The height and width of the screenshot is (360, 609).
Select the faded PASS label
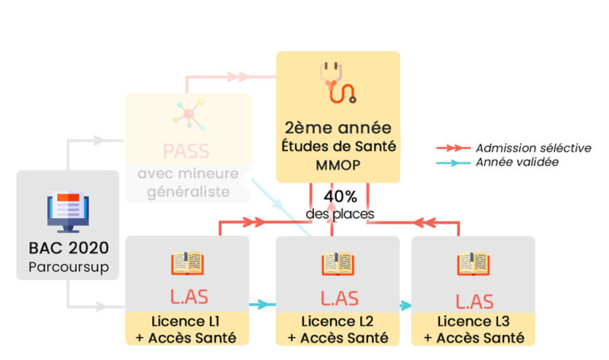(x=187, y=151)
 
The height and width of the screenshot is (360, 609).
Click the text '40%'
(x=339, y=196)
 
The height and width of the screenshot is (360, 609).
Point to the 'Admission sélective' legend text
(x=533, y=147)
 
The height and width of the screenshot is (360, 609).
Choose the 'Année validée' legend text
(x=517, y=162)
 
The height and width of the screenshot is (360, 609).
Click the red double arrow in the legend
(x=453, y=147)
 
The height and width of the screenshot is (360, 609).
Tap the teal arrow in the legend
(x=453, y=162)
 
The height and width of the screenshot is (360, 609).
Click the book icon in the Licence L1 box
(x=187, y=263)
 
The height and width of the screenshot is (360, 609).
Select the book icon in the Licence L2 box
(x=338, y=263)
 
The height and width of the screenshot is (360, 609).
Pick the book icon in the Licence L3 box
(x=473, y=263)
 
